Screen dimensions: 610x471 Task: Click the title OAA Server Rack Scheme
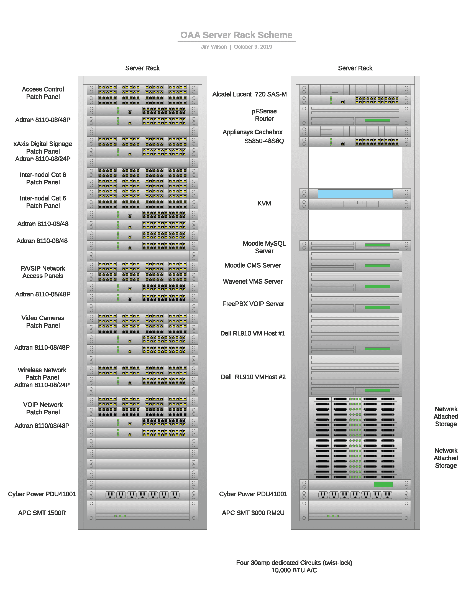click(x=236, y=35)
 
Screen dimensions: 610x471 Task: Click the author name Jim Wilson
click(x=214, y=47)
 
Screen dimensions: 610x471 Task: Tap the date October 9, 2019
click(x=253, y=47)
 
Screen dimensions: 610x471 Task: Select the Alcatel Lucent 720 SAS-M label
click(x=249, y=94)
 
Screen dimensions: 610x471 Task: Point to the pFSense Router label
click(x=264, y=115)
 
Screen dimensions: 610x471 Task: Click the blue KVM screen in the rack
click(x=355, y=194)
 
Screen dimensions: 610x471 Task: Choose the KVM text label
click(x=264, y=203)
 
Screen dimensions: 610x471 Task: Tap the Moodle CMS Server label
click(x=252, y=265)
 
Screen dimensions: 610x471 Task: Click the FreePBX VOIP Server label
click(x=253, y=304)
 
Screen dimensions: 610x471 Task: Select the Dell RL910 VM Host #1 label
click(x=252, y=334)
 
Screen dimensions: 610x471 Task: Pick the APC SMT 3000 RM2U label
click(x=253, y=513)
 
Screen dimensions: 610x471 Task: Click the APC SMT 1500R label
click(x=42, y=513)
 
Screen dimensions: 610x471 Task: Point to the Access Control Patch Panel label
click(x=43, y=93)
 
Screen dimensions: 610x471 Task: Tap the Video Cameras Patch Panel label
click(x=43, y=322)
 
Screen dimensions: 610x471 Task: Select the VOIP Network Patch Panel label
click(x=43, y=408)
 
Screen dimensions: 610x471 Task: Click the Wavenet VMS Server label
click(x=252, y=281)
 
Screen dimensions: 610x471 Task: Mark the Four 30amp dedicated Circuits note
click(x=294, y=563)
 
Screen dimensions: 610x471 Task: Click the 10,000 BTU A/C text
click(x=294, y=570)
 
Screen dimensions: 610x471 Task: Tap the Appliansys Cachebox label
click(x=252, y=132)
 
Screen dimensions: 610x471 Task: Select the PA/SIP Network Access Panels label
click(x=43, y=272)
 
